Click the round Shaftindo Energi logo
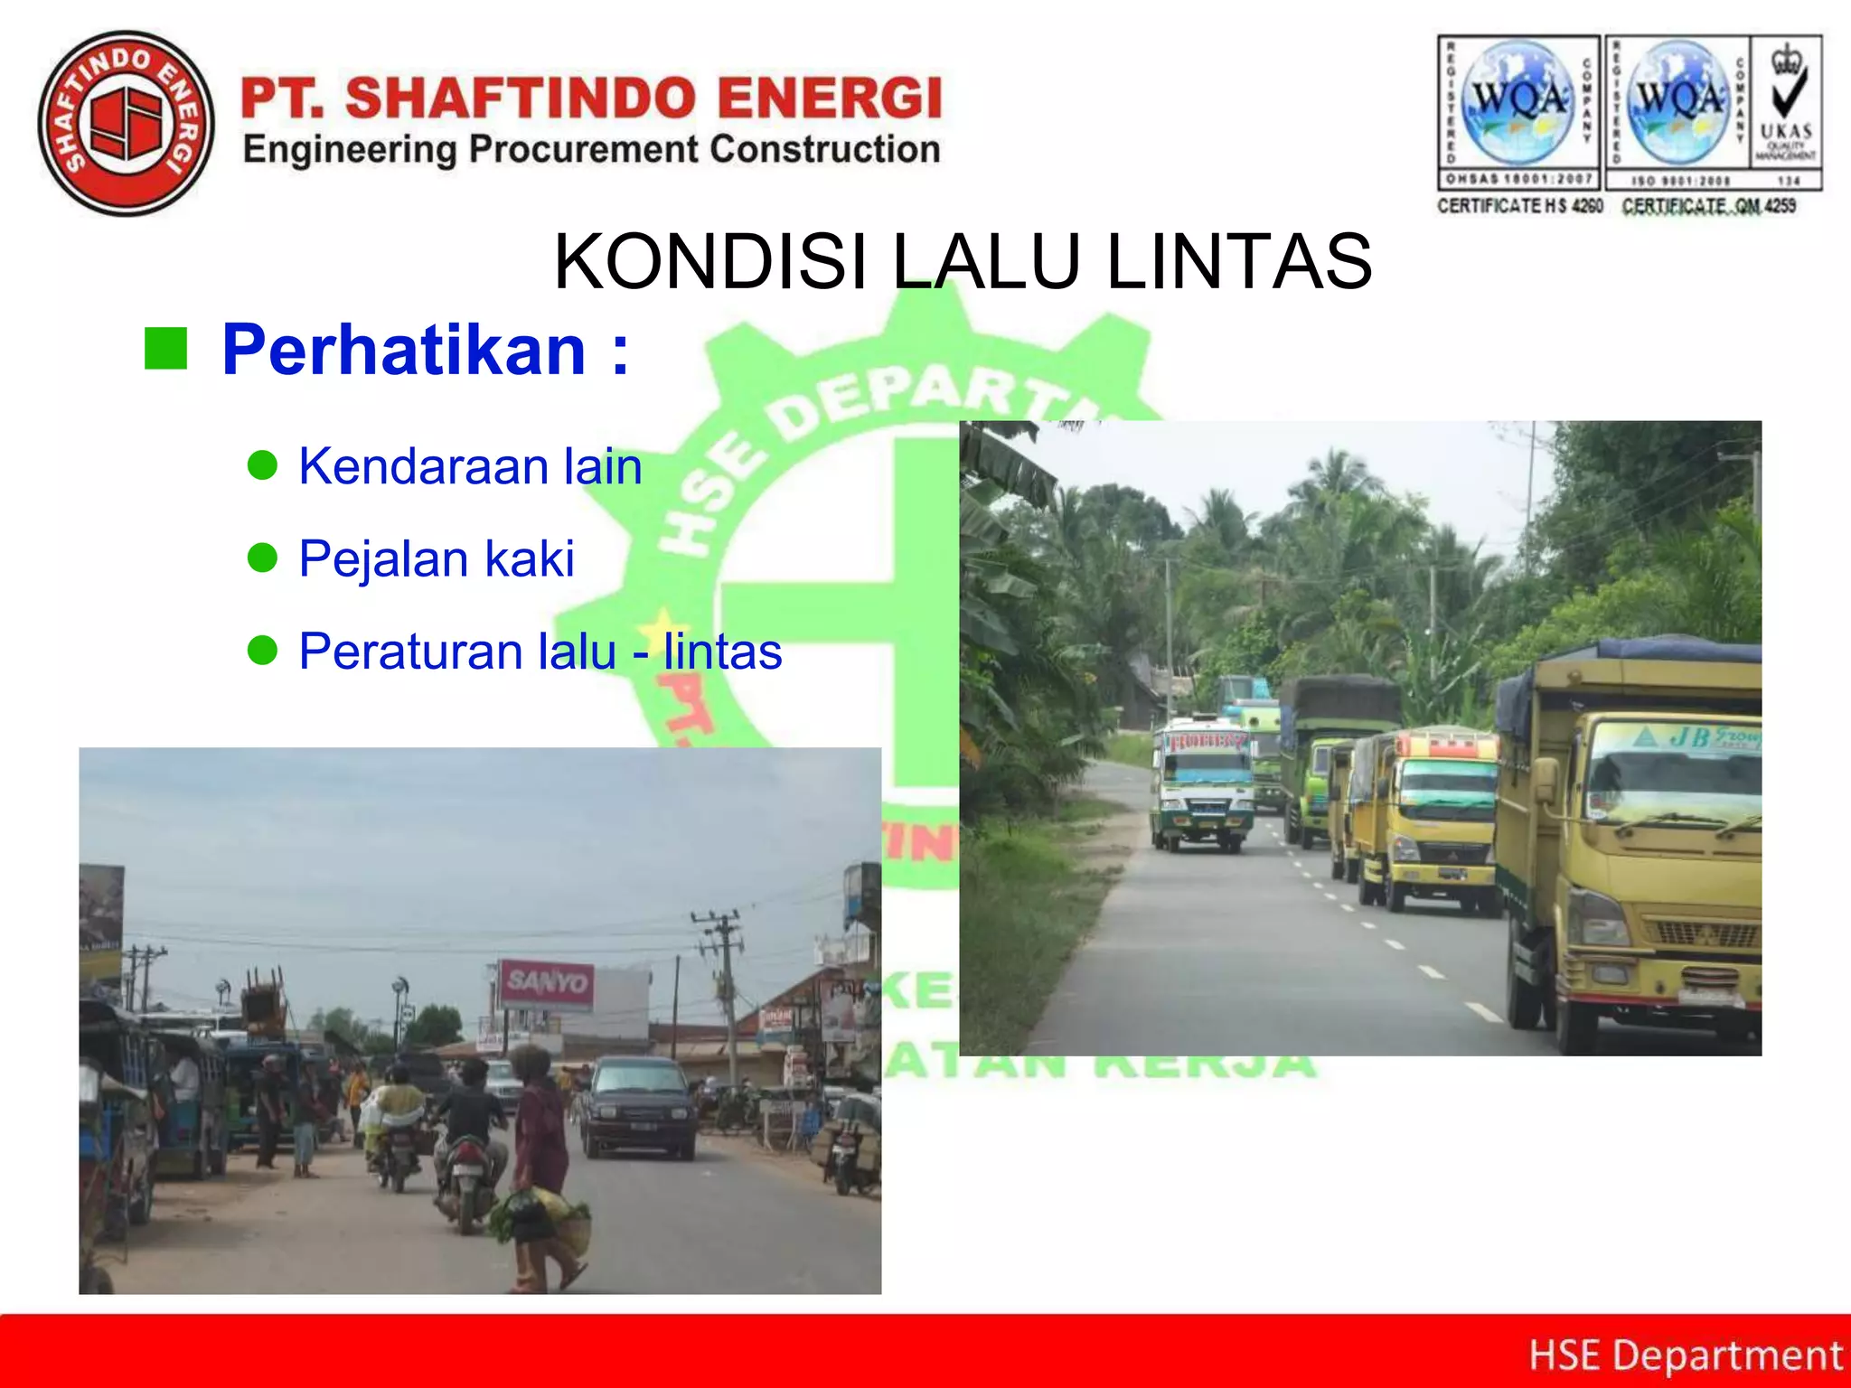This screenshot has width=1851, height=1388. pos(127,124)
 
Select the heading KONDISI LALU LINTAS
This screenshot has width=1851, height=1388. pos(963,262)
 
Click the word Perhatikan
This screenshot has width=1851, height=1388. pos(404,351)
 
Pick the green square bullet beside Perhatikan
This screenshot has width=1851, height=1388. pos(165,349)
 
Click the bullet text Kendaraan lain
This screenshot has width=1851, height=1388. pos(470,467)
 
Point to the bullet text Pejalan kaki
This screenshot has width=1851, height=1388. pos(437,558)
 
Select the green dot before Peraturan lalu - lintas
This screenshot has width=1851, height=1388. pos(262,650)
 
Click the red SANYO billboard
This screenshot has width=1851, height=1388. pos(546,982)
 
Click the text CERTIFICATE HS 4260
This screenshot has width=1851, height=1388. pos(1520,206)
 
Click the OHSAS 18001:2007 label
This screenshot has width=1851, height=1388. pos(1518,179)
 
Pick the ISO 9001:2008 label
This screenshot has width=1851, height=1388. pos(1679,180)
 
